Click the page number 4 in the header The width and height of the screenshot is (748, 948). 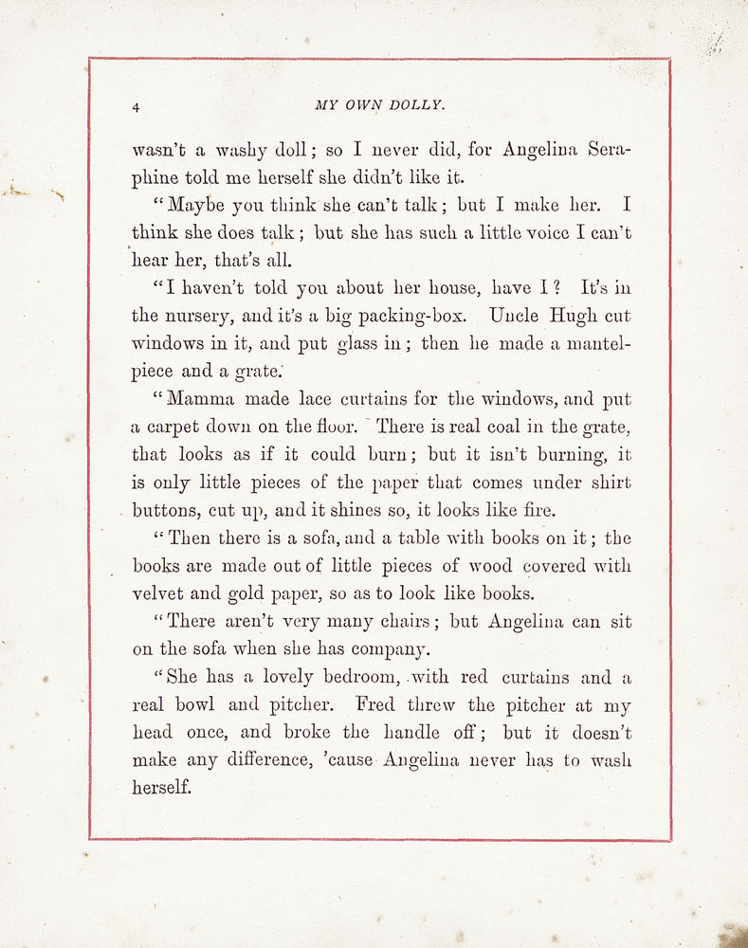coord(137,108)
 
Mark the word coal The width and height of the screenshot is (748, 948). coord(505,427)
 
